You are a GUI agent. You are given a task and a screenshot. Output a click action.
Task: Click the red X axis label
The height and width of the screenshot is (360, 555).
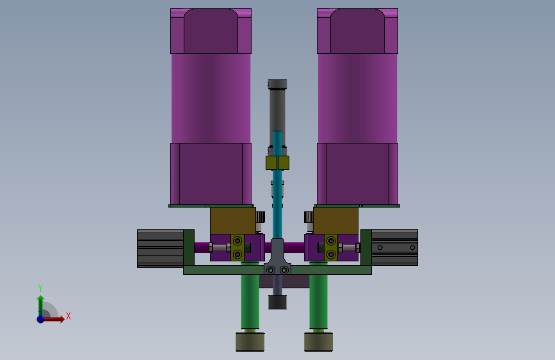[68, 316]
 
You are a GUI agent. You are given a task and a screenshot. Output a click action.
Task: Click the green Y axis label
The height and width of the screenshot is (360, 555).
[40, 288]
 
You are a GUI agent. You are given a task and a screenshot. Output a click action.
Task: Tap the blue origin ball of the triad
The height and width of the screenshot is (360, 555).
[41, 319]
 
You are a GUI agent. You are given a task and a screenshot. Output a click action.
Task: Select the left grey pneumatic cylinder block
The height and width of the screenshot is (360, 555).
[160, 249]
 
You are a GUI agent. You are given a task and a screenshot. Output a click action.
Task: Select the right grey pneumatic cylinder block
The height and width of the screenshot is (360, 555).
[394, 247]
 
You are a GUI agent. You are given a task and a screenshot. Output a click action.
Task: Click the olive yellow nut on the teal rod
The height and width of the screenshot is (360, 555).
[278, 163]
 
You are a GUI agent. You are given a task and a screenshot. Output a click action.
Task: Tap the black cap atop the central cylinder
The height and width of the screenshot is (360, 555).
[278, 84]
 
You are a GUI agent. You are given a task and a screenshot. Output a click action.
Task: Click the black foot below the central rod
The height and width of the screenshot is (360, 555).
[278, 302]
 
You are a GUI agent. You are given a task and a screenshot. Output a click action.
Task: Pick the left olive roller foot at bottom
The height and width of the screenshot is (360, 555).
[250, 342]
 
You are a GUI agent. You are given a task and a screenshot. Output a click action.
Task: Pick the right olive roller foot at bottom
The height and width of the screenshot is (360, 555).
[318, 342]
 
